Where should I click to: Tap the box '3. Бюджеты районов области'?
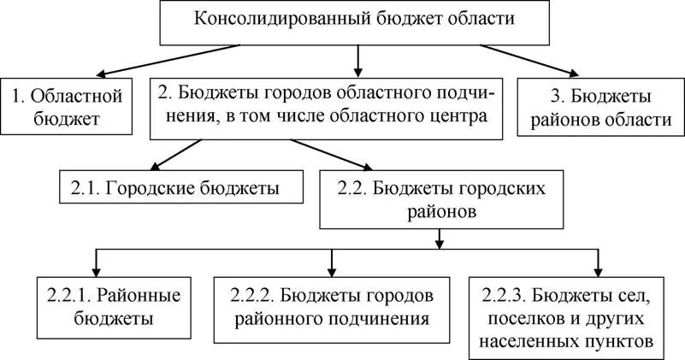pyautogui.click(x=604, y=106)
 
